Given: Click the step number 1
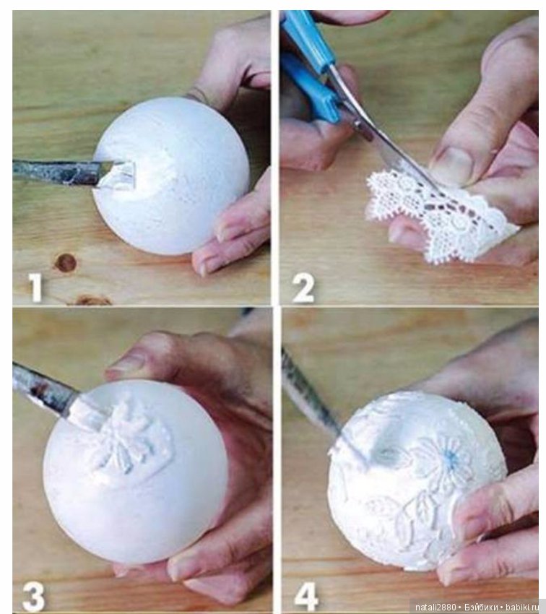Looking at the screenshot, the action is pos(36,287).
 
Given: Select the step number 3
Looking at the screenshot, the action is pos(34,597).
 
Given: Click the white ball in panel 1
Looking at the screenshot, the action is pos(171,176).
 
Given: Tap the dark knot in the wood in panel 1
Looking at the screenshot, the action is pos(66,263).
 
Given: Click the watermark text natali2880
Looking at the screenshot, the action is pos(435,607).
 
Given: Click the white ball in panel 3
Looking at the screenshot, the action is pos(135,472).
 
